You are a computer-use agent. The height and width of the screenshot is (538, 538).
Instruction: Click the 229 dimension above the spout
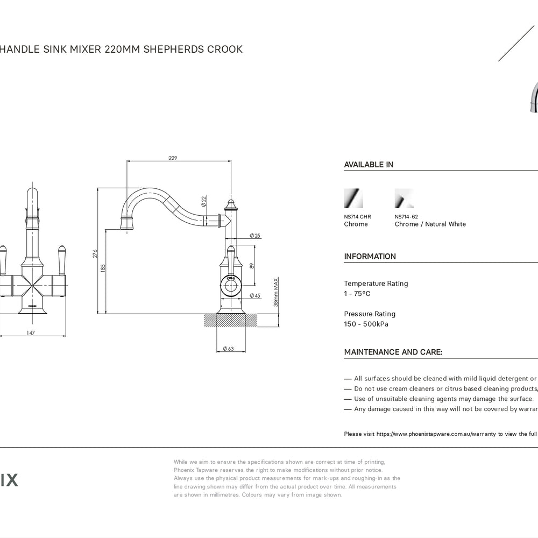pyautogui.click(x=173, y=158)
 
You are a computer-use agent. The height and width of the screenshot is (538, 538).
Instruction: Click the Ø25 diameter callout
pyautogui.click(x=255, y=236)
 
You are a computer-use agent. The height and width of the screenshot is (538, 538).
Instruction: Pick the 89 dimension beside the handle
pyautogui.click(x=252, y=265)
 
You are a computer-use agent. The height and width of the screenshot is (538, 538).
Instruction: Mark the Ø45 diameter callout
pyautogui.click(x=255, y=296)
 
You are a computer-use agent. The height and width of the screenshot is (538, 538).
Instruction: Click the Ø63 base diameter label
pyautogui.click(x=228, y=349)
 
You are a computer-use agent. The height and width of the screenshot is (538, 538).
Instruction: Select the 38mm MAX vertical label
pyautogui.click(x=275, y=293)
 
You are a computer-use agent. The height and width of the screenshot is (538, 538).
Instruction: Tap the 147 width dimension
pyautogui.click(x=31, y=334)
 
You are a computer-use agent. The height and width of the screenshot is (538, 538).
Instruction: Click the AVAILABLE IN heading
pyautogui.click(x=369, y=165)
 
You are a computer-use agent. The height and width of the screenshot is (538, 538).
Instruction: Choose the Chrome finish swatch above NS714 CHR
pyautogui.click(x=353, y=198)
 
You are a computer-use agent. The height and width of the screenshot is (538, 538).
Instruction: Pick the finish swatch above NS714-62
pyautogui.click(x=404, y=198)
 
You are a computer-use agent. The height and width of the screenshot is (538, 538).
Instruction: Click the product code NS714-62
pyautogui.click(x=406, y=217)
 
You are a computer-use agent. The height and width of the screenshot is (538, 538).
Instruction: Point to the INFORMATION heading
pyautogui.click(x=370, y=257)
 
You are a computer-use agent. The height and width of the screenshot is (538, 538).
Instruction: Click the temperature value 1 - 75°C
pyautogui.click(x=357, y=294)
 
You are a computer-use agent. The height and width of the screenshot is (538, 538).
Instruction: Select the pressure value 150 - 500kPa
pyautogui.click(x=366, y=324)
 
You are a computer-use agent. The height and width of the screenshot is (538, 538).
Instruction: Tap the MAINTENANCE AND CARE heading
pyautogui.click(x=393, y=352)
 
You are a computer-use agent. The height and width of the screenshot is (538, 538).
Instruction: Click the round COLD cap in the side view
pyautogui.click(x=231, y=286)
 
